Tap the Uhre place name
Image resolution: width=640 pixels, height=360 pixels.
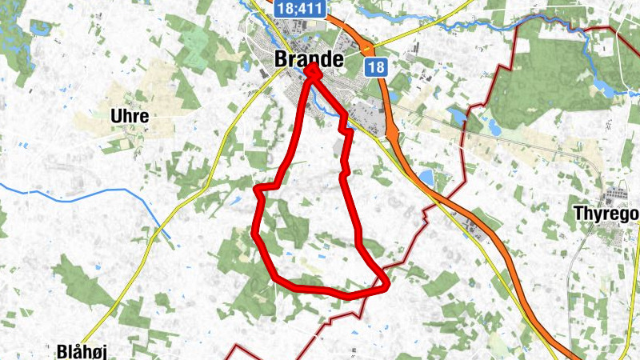tap(130, 116)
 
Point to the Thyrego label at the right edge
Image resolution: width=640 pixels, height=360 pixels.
tap(606, 214)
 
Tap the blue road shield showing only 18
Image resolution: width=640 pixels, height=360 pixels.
tap(377, 66)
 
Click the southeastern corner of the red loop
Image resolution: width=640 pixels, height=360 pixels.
tap(386, 282)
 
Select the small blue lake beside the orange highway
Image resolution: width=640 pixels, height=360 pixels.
tap(426, 175)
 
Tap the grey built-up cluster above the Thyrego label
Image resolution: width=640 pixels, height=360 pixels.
tap(617, 192)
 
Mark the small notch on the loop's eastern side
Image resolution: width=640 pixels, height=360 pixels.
tap(345, 127)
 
